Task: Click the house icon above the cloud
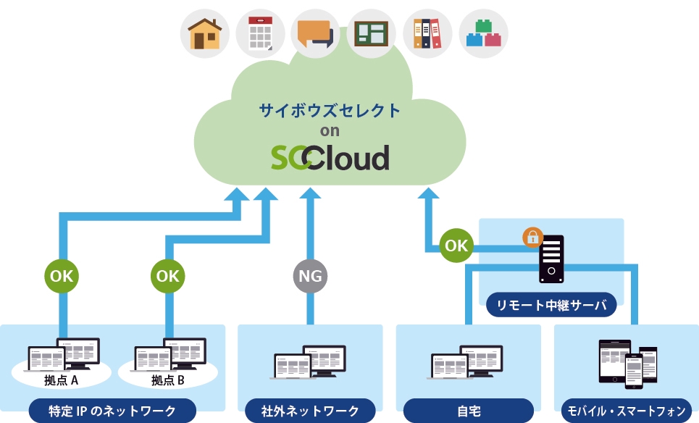pos(204,33)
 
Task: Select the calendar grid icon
pos(260,33)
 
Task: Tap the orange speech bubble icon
pos(316,33)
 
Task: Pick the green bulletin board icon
pos(372,33)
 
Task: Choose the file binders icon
pos(427,33)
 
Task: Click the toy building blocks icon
pos(483,33)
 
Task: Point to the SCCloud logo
pos(330,157)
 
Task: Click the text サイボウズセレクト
pos(330,111)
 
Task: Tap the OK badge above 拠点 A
pos(62,276)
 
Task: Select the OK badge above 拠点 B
pos(168,276)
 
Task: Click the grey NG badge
pos(311,276)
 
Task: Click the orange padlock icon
pos(532,237)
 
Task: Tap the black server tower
pos(551,259)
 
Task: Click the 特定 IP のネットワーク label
pos(112,411)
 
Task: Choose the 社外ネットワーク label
pos(310,411)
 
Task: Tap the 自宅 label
pos(469,411)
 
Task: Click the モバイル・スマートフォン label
pos(626,411)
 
